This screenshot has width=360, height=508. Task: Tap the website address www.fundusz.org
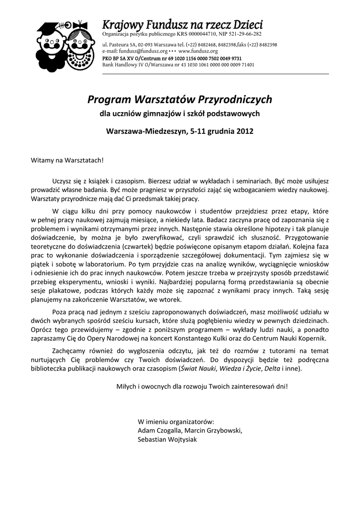tap(198, 51)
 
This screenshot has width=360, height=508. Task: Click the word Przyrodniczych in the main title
tap(235, 99)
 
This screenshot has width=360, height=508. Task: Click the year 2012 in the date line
tap(244, 131)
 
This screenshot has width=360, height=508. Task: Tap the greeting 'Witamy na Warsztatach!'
tap(68, 161)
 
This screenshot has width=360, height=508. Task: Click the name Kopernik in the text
tap(312, 338)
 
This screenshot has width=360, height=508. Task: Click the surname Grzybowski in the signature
tap(225, 430)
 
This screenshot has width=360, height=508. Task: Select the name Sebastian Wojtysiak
tap(167, 439)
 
